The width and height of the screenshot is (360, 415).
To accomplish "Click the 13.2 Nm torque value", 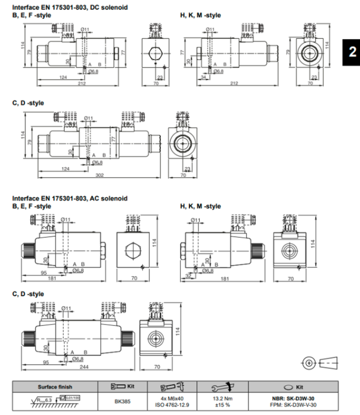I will (x=221, y=396).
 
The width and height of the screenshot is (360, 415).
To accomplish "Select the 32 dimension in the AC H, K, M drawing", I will (x=188, y=275).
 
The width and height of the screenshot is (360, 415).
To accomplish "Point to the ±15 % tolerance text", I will (x=221, y=403).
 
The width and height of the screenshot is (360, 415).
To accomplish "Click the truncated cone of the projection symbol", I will (x=331, y=362).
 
